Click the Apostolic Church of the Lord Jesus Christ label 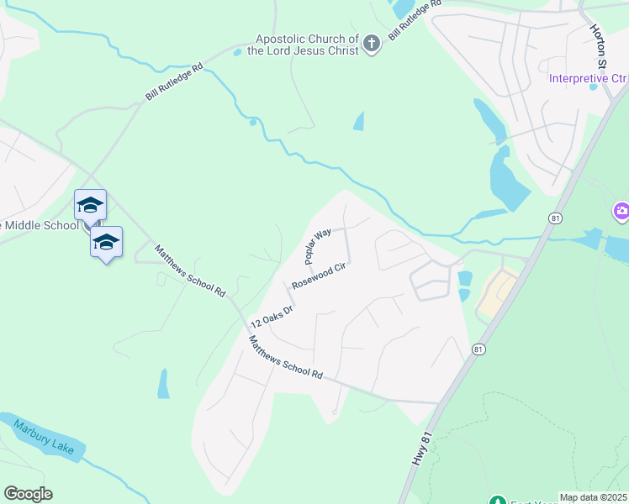pos(309,45)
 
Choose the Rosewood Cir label pos(320,275)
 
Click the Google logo pos(28,494)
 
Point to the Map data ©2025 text pos(593,497)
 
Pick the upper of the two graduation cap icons pos(90,205)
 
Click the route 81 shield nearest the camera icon pos(553,218)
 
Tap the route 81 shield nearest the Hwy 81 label pos(478,349)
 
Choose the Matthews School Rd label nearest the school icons pos(190,270)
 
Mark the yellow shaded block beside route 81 pos(497,295)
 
